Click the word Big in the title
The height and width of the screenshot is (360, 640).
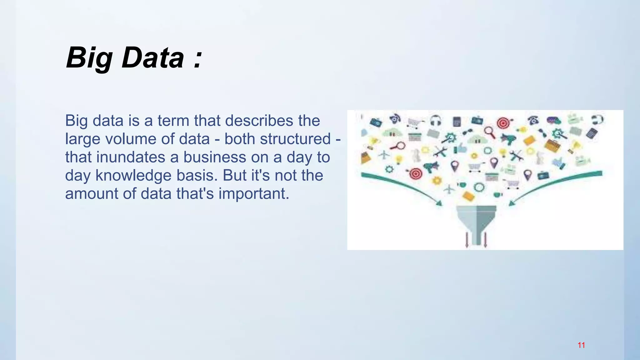click(89, 58)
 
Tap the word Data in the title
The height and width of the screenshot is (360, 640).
click(153, 58)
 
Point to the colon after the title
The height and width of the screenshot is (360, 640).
click(197, 59)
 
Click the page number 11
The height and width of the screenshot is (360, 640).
click(581, 345)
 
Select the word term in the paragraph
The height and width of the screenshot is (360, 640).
click(173, 121)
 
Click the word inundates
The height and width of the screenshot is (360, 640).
click(131, 157)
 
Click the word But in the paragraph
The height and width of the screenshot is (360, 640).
click(235, 175)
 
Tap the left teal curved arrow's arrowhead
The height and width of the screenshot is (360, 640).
click(439, 203)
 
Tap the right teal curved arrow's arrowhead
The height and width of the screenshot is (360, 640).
click(512, 203)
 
